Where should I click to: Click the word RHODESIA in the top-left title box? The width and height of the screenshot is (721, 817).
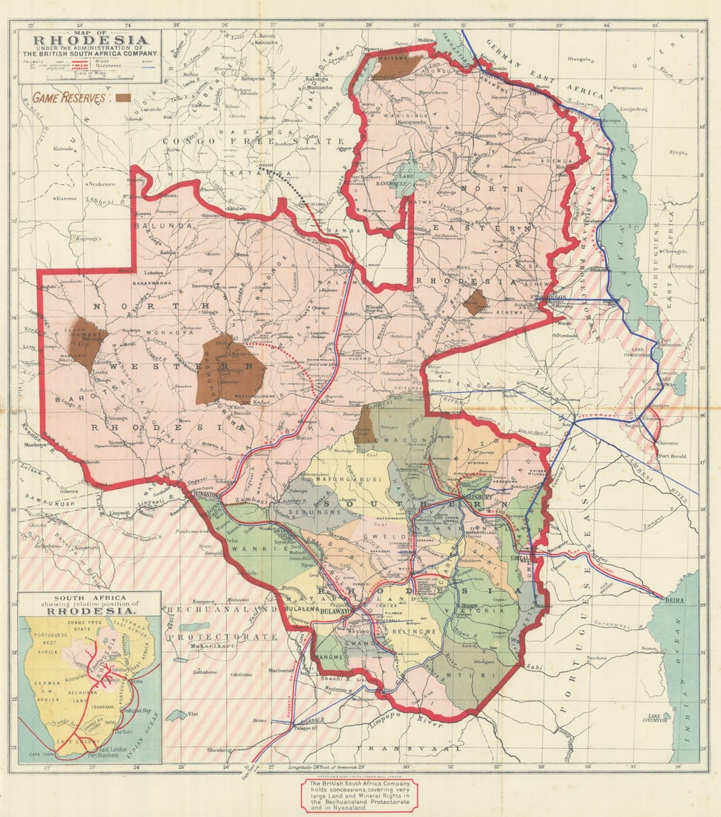[89, 42]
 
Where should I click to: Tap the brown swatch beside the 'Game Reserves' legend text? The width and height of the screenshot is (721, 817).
[123, 97]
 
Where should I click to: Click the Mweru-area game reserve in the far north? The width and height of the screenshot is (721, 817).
[396, 65]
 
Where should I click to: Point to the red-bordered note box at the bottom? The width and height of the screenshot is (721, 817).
[359, 795]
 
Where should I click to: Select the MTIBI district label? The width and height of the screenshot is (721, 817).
[454, 676]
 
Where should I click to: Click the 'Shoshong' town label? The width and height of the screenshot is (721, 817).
[219, 750]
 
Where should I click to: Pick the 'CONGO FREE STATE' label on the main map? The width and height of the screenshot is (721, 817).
[223, 140]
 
